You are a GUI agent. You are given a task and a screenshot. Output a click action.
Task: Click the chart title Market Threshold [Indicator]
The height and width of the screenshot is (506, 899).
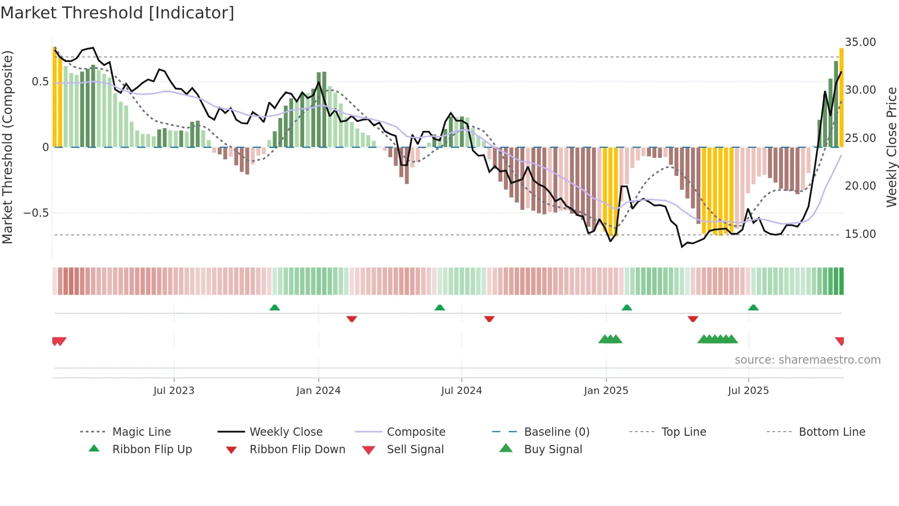pyautogui.click(x=117, y=13)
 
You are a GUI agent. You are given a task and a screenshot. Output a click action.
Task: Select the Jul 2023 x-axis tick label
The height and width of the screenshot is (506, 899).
pyautogui.click(x=174, y=391)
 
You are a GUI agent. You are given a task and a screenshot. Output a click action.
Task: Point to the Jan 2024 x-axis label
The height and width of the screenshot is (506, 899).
pyautogui.click(x=318, y=391)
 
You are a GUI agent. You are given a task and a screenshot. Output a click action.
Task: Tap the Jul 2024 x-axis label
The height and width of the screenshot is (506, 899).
pyautogui.click(x=461, y=391)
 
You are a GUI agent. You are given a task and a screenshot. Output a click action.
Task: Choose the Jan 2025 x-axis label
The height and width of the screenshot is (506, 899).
pyautogui.click(x=606, y=391)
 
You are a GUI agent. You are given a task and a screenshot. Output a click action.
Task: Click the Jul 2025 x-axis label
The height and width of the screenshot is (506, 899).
pyautogui.click(x=748, y=391)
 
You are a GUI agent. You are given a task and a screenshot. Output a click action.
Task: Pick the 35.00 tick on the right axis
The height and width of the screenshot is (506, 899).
pyautogui.click(x=860, y=42)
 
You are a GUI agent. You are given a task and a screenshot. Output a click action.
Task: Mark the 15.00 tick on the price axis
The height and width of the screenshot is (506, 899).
pyautogui.click(x=860, y=234)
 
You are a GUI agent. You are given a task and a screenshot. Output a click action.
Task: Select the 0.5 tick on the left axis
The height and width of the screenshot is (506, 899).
pyautogui.click(x=40, y=82)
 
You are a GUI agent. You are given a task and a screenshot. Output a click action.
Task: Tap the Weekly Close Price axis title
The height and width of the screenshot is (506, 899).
pyautogui.click(x=891, y=147)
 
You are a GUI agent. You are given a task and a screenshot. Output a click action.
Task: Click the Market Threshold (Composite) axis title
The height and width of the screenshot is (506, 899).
pyautogui.click(x=7, y=147)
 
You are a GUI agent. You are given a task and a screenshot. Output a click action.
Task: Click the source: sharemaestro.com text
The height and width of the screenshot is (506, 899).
pyautogui.click(x=807, y=360)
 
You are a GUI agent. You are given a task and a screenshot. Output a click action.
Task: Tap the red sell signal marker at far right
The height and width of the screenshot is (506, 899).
pyautogui.click(x=840, y=341)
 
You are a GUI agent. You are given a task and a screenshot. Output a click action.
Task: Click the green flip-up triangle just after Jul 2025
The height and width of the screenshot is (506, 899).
pyautogui.click(x=753, y=308)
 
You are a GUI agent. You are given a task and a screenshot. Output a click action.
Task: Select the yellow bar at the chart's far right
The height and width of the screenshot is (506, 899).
pyautogui.click(x=841, y=97)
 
